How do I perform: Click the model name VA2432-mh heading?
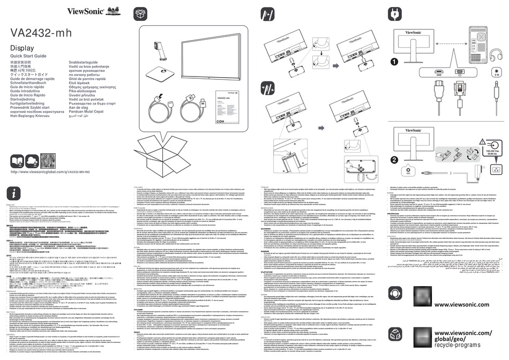pyautogui.click(x=41, y=33)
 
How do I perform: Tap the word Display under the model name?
pyautogui.click(x=23, y=49)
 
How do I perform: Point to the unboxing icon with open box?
pyautogui.click(x=140, y=13)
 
